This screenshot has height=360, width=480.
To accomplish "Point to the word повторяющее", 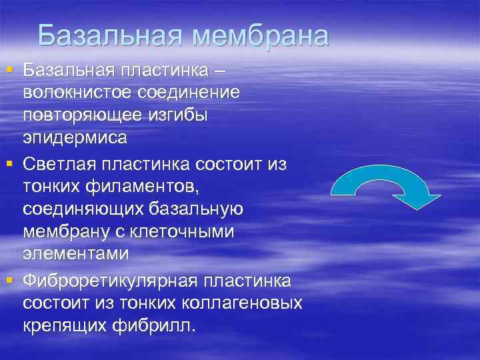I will coord(81,115).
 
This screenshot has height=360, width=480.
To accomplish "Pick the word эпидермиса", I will coord(75,139).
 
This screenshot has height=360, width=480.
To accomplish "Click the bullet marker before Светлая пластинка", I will coord(9,162).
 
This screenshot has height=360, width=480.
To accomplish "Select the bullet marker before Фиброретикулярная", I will coord(9,278).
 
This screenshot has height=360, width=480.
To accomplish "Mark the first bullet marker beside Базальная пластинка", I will coord(9,69).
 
